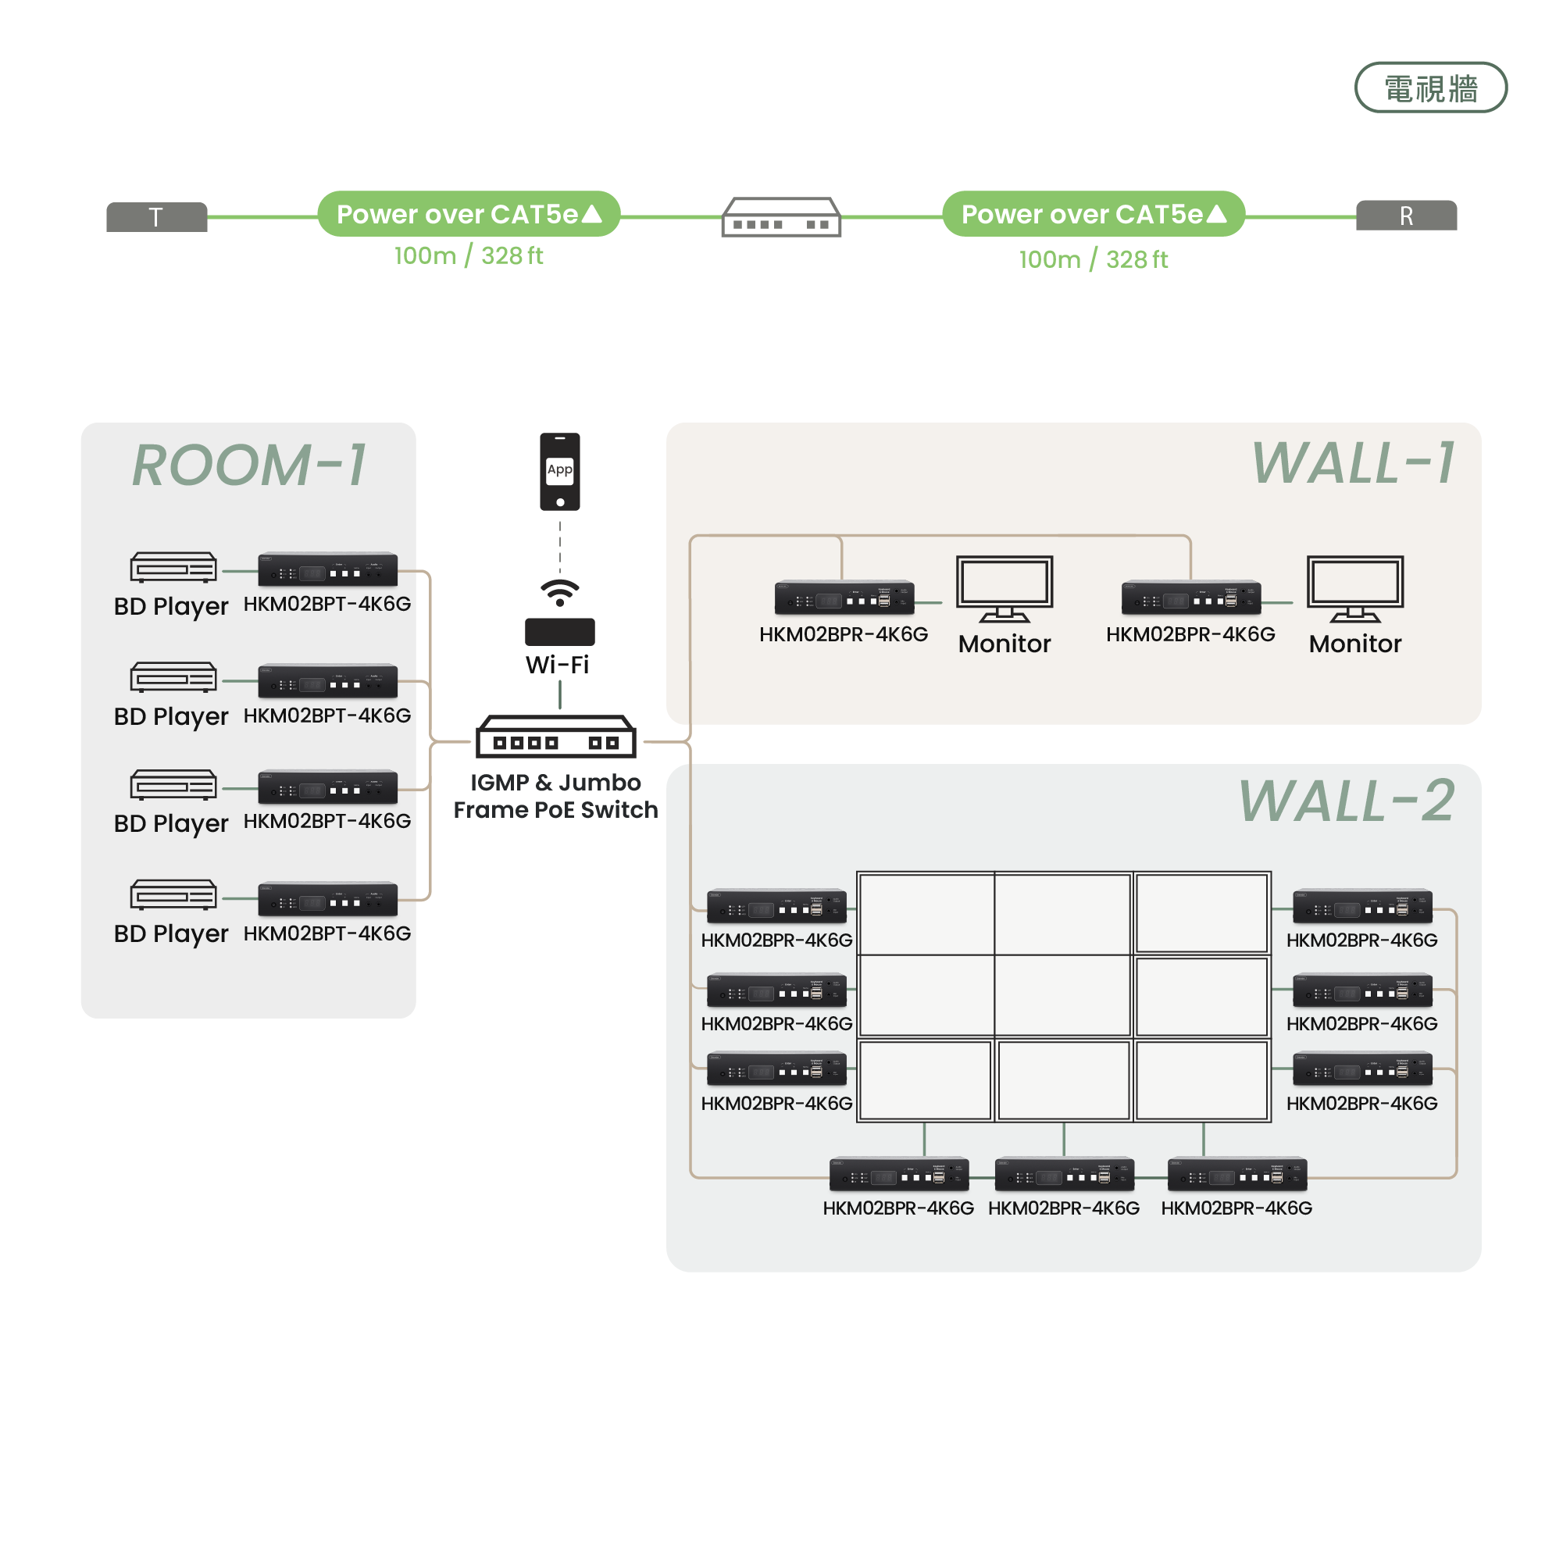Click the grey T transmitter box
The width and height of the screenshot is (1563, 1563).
coord(156,217)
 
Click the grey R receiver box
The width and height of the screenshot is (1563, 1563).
coord(1406,216)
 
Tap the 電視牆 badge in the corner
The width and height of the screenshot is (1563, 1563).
coord(1430,88)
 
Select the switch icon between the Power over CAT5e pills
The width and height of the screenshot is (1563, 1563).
coord(780,217)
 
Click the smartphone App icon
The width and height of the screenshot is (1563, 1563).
coord(560,472)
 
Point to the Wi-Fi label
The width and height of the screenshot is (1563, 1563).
coord(558,665)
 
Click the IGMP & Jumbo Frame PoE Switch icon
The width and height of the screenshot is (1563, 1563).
coord(556,737)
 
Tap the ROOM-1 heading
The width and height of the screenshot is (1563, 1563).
coord(249,466)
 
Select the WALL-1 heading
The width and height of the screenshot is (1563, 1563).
coord(1353,464)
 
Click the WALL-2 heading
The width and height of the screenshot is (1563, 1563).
coord(1346,801)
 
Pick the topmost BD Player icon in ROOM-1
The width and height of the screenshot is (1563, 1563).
coord(173,568)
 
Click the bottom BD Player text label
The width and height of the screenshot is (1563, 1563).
coord(171,933)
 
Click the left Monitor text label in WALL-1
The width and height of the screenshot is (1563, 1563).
coord(1004,644)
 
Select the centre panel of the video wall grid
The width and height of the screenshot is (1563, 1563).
coord(1062,996)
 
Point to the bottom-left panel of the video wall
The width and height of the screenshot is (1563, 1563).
coord(925,1080)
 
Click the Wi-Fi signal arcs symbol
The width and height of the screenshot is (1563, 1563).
coord(560,592)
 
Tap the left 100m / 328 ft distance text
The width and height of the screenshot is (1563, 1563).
coord(469,256)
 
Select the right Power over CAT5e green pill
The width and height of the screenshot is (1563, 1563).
coord(1093,214)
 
